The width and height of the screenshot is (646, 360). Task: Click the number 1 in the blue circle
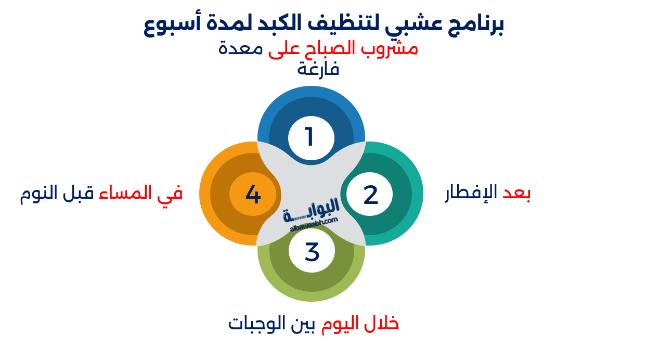[309, 137]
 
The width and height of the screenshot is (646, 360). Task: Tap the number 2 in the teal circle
[370, 195]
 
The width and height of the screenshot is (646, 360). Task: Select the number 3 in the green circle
[312, 252]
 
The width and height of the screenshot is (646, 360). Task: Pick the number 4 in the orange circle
[253, 195]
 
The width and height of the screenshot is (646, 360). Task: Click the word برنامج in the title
[475, 25]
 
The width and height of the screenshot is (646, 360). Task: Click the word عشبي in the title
[410, 25]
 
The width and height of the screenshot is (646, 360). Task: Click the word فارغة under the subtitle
[318, 69]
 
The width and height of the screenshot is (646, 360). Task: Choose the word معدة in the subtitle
[240, 48]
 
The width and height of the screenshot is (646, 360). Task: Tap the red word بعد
[516, 192]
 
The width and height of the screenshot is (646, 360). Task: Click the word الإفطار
[471, 192]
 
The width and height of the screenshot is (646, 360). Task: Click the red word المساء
[125, 192]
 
